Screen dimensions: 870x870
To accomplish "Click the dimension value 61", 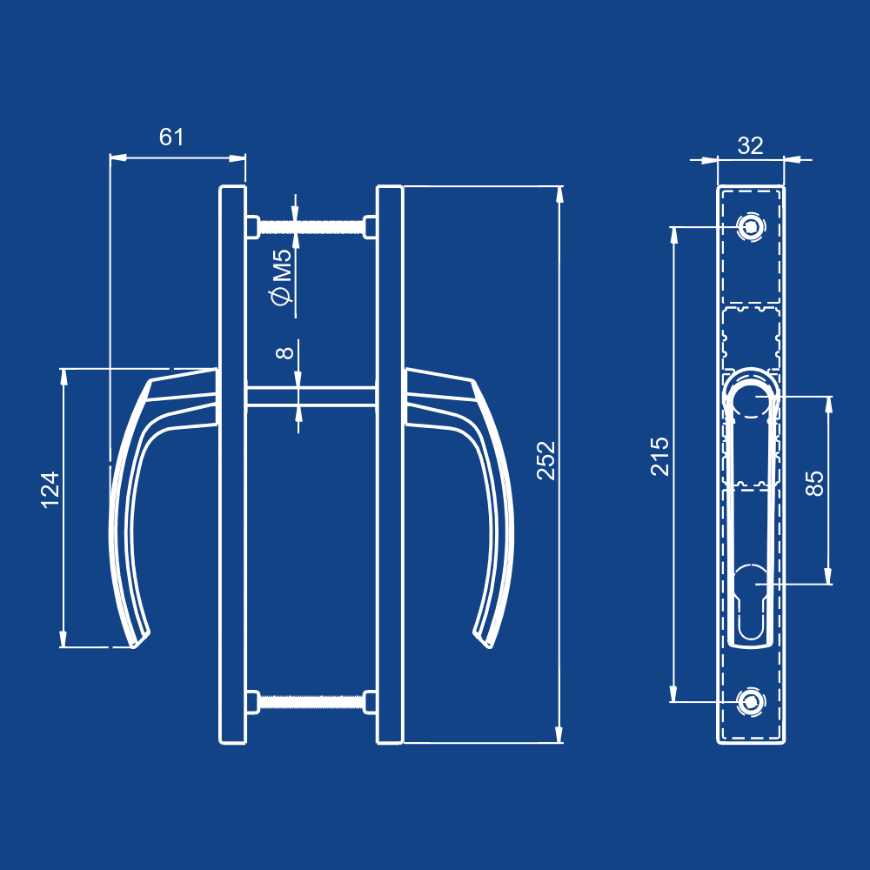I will pyautogui.click(x=172, y=137).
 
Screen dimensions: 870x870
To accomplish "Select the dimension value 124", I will pyautogui.click(x=50, y=490).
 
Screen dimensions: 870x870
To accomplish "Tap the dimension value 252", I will pyautogui.click(x=545, y=461).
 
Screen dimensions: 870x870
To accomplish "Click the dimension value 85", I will pyautogui.click(x=814, y=483).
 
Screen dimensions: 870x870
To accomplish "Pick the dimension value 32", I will pyautogui.click(x=750, y=145).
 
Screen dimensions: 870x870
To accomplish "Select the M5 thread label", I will pyautogui.click(x=281, y=265).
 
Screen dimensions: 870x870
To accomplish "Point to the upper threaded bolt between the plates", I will pyautogui.click(x=311, y=228).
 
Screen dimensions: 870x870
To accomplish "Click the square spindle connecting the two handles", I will pyautogui.click(x=311, y=396).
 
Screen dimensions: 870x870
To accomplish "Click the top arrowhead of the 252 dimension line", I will pyautogui.click(x=560, y=193).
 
